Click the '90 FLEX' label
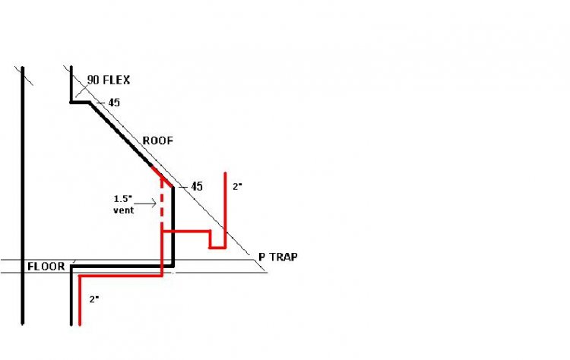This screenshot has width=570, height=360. pyautogui.click(x=109, y=80)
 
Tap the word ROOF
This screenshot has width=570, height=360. pyautogui.click(x=158, y=141)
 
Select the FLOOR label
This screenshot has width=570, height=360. pyautogui.click(x=46, y=267)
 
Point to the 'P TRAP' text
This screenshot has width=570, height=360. pyautogui.click(x=278, y=257)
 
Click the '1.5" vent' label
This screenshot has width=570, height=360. pyautogui.click(x=124, y=204)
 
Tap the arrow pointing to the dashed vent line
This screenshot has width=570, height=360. pyautogui.click(x=145, y=203)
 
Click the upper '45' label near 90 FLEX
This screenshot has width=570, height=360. pyautogui.click(x=114, y=103)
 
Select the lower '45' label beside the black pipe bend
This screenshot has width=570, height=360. pyautogui.click(x=197, y=186)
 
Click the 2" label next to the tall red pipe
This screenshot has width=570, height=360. pyautogui.click(x=237, y=186)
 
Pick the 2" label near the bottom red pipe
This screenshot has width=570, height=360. pyautogui.click(x=94, y=299)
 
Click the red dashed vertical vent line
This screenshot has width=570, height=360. pyautogui.click(x=162, y=204)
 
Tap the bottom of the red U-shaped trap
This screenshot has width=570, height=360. pyautogui.click(x=217, y=248)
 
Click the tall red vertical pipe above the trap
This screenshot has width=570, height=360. pyautogui.click(x=225, y=209)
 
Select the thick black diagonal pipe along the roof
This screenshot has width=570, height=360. pyautogui.click(x=121, y=134)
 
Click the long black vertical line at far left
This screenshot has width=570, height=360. pyautogui.click(x=23, y=195)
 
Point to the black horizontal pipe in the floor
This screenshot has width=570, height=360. pyautogui.click(x=122, y=267)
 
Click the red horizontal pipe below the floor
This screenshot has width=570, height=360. pyautogui.click(x=121, y=276)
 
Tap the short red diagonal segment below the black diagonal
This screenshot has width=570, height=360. pyautogui.click(x=162, y=177)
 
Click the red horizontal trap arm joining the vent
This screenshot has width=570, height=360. pyautogui.click(x=186, y=231)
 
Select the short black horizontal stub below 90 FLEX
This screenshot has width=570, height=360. pyautogui.click(x=81, y=102)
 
